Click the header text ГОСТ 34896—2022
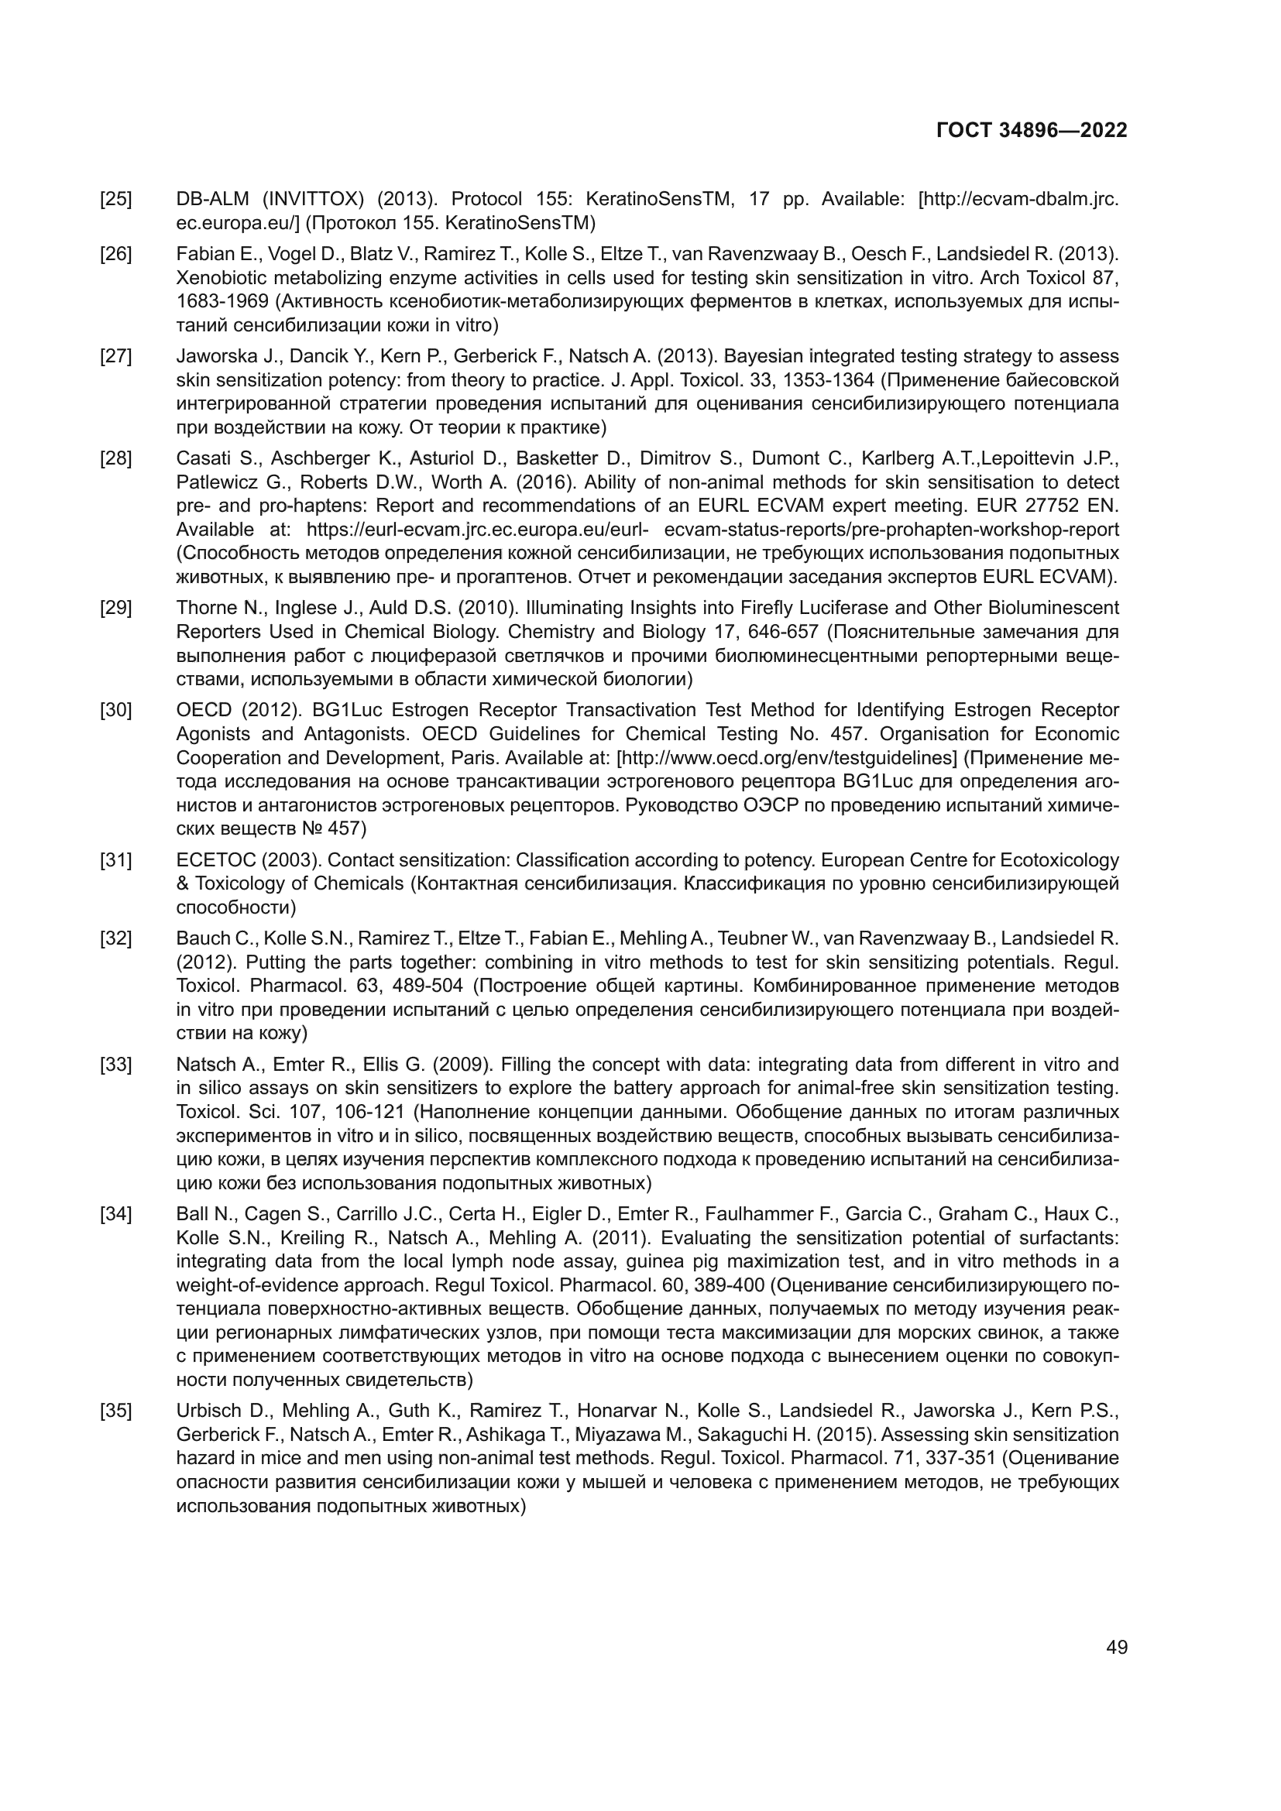pyautogui.click(x=1031, y=130)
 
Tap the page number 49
pyautogui.click(x=1116, y=1647)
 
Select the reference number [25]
pyautogui.click(x=116, y=199)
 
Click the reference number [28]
pyautogui.click(x=116, y=458)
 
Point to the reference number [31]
pyautogui.click(x=116, y=859)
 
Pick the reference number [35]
pyautogui.click(x=116, y=1410)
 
